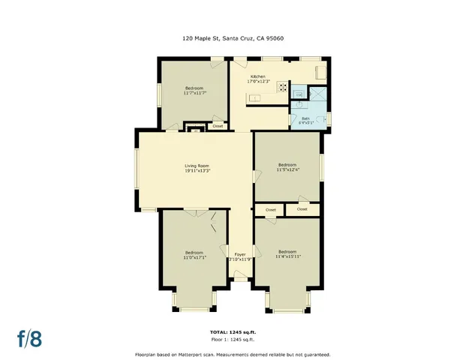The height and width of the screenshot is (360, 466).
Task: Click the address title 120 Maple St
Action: point(233,39)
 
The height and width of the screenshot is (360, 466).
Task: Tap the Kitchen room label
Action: point(257,77)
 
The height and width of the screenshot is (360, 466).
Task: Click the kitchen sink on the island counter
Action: point(254,98)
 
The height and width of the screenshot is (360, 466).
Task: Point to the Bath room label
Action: point(305,118)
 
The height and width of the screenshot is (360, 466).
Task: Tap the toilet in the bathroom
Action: point(323,118)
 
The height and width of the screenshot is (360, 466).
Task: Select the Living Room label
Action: point(197,165)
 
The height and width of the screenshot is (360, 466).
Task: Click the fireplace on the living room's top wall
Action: point(196,130)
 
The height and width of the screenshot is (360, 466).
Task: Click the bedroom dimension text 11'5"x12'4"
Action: point(287,169)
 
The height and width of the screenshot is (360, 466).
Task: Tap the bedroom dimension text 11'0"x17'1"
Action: point(194,257)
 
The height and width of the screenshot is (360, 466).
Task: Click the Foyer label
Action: point(240,254)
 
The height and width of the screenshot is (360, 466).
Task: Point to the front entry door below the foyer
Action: point(240,279)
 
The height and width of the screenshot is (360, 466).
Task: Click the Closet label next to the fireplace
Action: point(218,126)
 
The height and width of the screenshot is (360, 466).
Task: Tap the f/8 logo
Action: point(30,337)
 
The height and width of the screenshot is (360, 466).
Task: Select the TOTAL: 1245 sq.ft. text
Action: point(233,331)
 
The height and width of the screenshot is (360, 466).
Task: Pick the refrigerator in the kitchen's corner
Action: point(320,73)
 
